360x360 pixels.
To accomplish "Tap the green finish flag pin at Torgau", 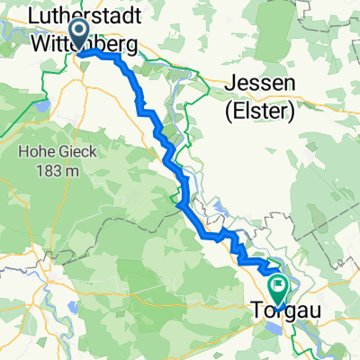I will click(277, 290).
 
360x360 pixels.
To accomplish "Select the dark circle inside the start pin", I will click(77, 33).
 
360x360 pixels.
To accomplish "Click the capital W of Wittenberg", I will click(40, 42).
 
